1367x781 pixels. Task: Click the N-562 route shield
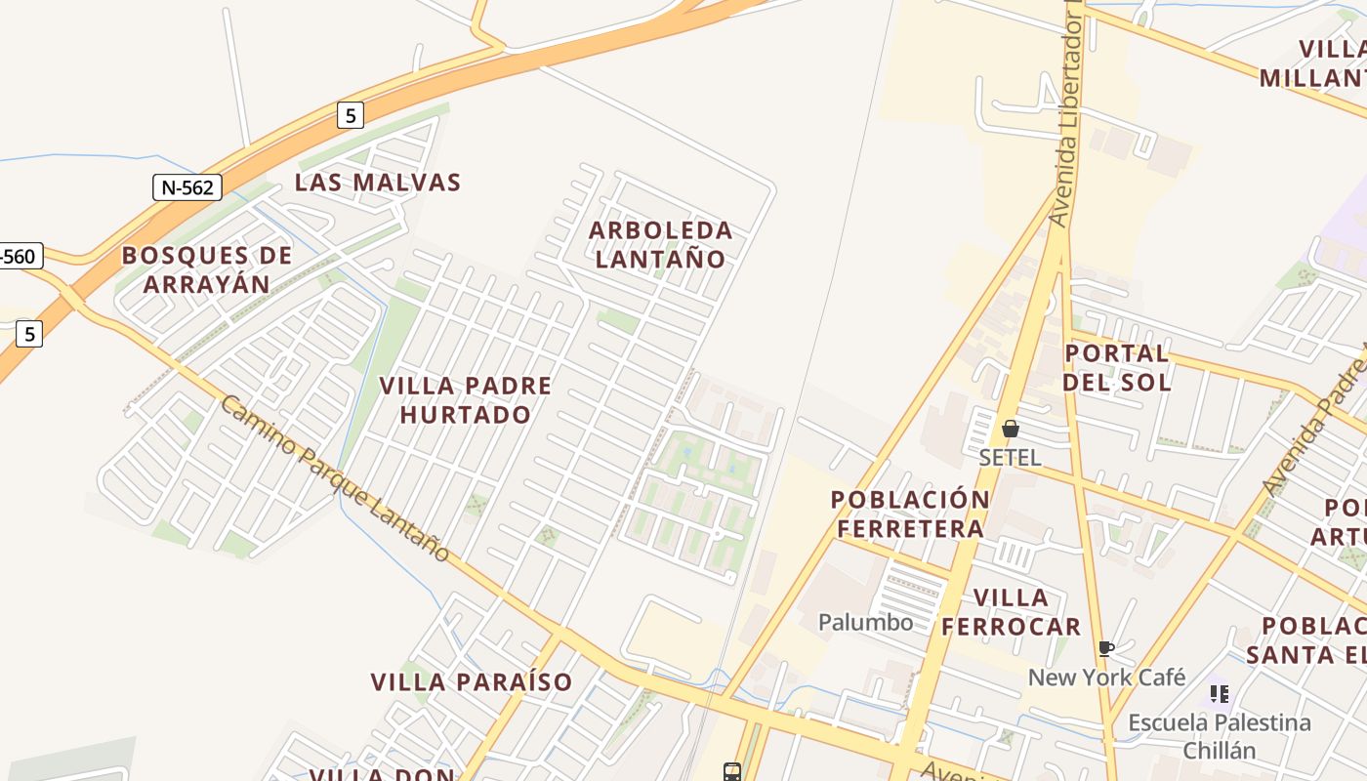pyautogui.click(x=187, y=187)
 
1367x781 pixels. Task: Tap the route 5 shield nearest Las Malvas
pyautogui.click(x=351, y=115)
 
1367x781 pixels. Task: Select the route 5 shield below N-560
pyautogui.click(x=29, y=334)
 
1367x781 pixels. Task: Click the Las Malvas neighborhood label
pyautogui.click(x=378, y=183)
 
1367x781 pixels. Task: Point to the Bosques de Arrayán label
pyautogui.click(x=207, y=269)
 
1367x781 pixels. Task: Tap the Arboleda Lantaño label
pyautogui.click(x=661, y=244)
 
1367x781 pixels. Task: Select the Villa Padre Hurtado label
pyautogui.click(x=466, y=399)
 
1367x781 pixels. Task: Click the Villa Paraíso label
pyautogui.click(x=472, y=681)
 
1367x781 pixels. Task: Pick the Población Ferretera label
pyautogui.click(x=910, y=514)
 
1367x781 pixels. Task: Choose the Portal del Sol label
pyautogui.click(x=1117, y=367)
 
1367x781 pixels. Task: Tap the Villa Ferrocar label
pyautogui.click(x=1012, y=611)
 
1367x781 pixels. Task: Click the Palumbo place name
pyautogui.click(x=866, y=622)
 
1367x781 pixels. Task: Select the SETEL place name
pyautogui.click(x=1010, y=457)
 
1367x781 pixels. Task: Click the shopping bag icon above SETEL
pyautogui.click(x=1011, y=429)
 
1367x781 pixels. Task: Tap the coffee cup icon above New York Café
pyautogui.click(x=1106, y=648)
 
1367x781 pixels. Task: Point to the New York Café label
pyautogui.click(x=1106, y=677)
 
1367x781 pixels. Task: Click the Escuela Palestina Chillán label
pyautogui.click(x=1220, y=736)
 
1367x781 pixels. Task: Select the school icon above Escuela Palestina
pyautogui.click(x=1220, y=694)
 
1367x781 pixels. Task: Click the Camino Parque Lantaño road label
pyautogui.click(x=335, y=478)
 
